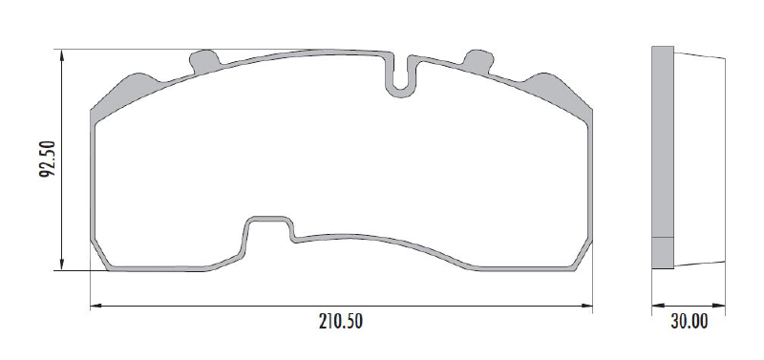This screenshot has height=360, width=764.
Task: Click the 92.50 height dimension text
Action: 48,159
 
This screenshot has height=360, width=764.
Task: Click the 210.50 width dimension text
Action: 341,322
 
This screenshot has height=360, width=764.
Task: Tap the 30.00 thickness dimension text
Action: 689,322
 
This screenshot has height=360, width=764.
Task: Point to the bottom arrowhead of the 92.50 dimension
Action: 62,264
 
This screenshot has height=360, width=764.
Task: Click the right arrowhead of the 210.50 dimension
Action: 586,306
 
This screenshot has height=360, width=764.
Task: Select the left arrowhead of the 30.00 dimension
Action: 658,306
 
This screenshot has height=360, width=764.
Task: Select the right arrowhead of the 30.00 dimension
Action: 719,306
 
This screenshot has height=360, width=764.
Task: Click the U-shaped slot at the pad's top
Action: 400,93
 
